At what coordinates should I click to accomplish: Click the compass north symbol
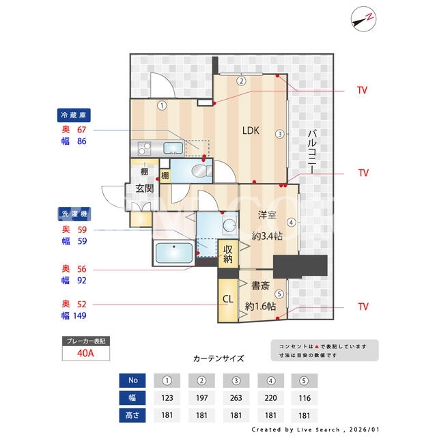click(363, 19)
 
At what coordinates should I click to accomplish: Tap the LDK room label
click(251, 130)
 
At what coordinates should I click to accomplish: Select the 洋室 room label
click(267, 215)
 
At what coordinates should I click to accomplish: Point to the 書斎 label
click(260, 285)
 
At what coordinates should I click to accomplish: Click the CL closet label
click(227, 299)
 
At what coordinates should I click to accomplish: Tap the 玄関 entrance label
click(144, 188)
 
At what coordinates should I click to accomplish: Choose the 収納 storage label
click(228, 253)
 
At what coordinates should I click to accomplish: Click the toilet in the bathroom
click(201, 171)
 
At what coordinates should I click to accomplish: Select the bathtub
click(174, 253)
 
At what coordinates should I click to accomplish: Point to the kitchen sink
click(173, 147)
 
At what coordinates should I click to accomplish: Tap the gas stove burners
click(144, 148)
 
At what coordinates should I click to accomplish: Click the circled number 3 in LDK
click(280, 134)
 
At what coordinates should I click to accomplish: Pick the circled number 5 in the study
click(279, 294)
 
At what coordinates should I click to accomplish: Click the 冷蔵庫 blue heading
click(74, 115)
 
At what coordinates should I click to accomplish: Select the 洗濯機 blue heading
click(74, 214)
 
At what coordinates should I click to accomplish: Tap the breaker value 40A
click(85, 353)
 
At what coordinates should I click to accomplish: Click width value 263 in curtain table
click(236, 398)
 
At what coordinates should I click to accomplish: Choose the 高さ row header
click(132, 415)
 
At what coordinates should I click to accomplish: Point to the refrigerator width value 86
click(82, 141)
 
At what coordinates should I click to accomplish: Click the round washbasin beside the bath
click(229, 225)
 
